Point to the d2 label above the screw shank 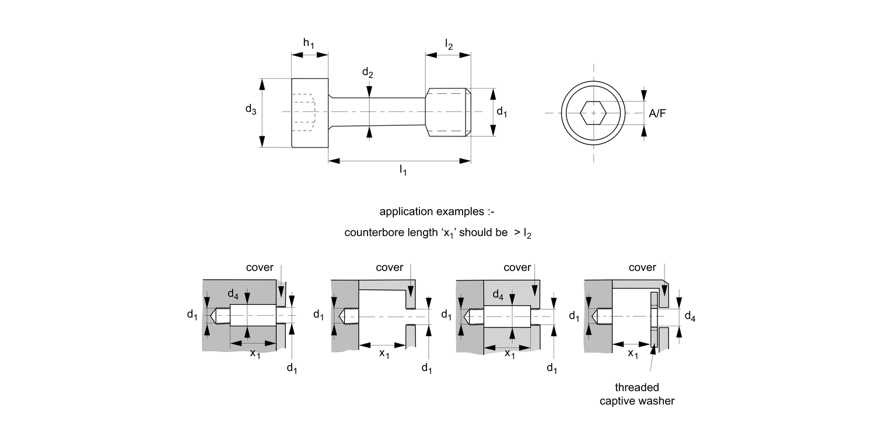click(x=367, y=73)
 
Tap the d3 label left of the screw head click(x=250, y=109)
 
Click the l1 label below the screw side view click(x=402, y=170)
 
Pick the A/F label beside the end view click(x=657, y=114)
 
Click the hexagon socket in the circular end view click(x=594, y=112)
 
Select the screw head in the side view click(x=310, y=112)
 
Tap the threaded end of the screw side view click(x=448, y=112)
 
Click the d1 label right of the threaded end click(x=502, y=112)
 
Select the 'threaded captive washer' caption click(x=637, y=394)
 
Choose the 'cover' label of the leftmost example click(x=260, y=267)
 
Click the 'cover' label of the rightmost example click(x=642, y=267)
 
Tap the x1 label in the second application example click(x=384, y=354)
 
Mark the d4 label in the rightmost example click(x=689, y=316)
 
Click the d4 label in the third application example click(x=498, y=295)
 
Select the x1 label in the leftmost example click(x=256, y=354)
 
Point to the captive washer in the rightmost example click(x=654, y=318)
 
